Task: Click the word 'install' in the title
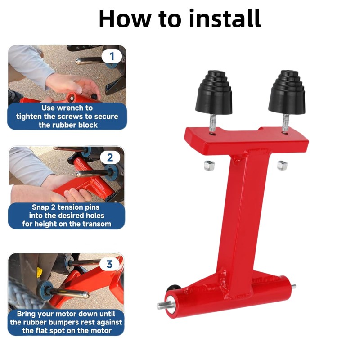tap(225, 18)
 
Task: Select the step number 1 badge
tap(112, 57)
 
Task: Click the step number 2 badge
tap(110, 158)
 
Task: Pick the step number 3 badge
tap(109, 264)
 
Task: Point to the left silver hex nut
tap(209, 165)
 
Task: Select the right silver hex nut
tap(282, 165)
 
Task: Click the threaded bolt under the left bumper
tap(212, 123)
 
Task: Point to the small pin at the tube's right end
tap(293, 286)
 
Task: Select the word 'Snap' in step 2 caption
tap(40, 207)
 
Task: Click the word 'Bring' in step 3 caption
tap(26, 314)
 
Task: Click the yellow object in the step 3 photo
tap(40, 272)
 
